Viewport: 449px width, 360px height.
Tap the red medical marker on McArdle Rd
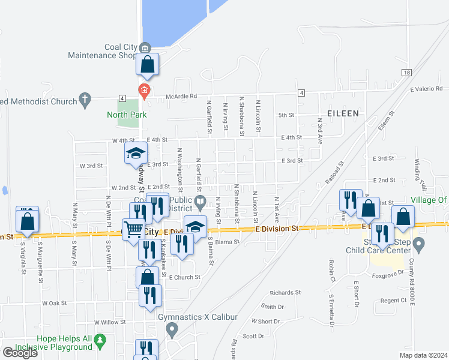[143, 91]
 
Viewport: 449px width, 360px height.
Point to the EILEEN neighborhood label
[342, 112]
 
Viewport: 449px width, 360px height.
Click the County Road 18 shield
[407, 72]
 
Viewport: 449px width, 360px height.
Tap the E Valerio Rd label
[426, 89]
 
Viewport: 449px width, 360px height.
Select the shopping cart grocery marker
[133, 229]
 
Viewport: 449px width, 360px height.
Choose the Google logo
[20, 353]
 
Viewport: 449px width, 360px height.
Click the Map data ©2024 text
[423, 355]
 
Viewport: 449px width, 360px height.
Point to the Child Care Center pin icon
[419, 244]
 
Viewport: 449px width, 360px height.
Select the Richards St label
[285, 293]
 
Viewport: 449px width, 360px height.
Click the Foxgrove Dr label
[385, 276]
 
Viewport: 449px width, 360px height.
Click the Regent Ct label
[393, 300]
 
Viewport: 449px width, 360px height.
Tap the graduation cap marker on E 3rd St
[136, 153]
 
